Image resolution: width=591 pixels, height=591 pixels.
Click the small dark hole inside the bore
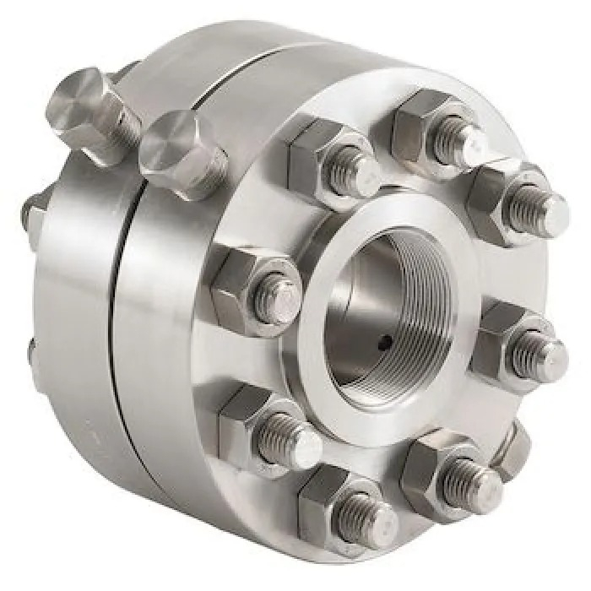click(x=385, y=342)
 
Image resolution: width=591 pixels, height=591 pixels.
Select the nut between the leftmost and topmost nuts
click(x=329, y=160)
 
